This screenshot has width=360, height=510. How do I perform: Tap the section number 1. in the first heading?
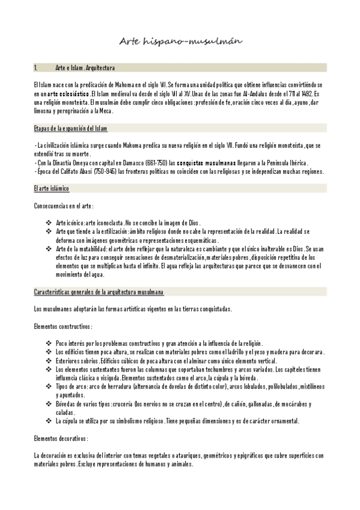(x=36, y=68)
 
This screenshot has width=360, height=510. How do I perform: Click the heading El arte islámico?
(x=52, y=189)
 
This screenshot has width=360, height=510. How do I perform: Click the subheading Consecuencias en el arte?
(x=64, y=206)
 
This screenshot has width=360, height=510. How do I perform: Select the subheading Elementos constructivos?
(x=63, y=326)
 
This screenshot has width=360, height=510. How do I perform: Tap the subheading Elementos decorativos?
(x=61, y=438)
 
